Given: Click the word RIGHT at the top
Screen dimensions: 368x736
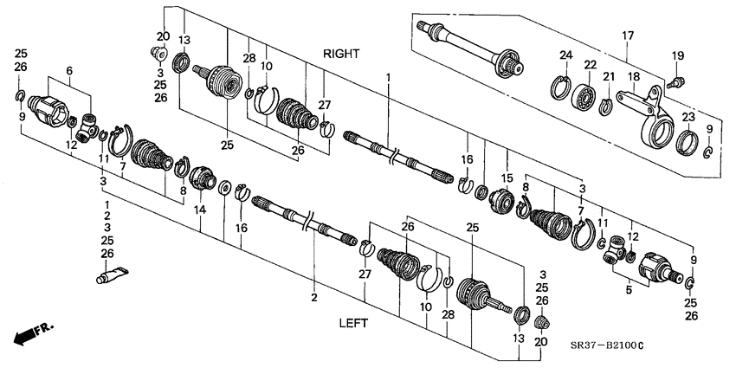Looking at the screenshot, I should click(341, 54).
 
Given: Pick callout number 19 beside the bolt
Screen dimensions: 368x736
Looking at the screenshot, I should click(677, 58).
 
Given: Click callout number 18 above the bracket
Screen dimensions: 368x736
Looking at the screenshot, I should click(634, 76).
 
